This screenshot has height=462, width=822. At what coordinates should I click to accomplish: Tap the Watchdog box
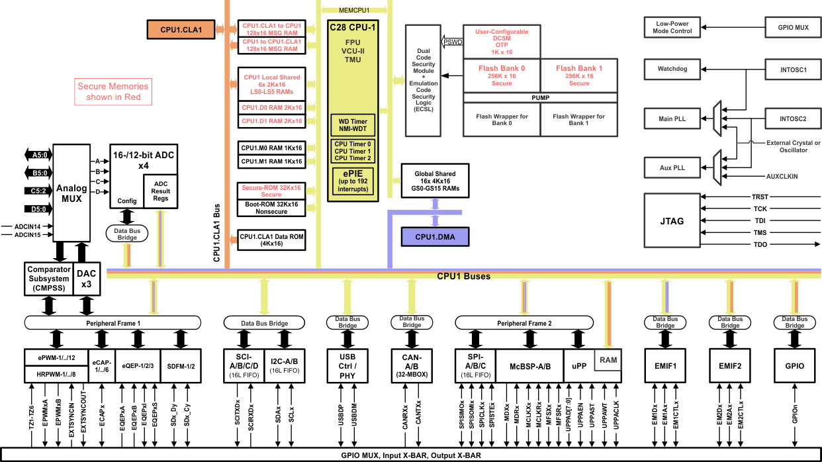click(672, 69)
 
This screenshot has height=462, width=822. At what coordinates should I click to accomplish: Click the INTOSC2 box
click(793, 119)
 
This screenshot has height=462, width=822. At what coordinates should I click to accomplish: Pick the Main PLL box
click(672, 119)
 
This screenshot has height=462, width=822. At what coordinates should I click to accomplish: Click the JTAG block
click(672, 221)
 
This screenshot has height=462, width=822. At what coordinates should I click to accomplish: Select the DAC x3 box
click(87, 278)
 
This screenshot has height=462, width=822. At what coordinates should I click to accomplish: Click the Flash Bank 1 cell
click(579, 75)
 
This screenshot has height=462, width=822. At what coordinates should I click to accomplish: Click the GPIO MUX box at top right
click(793, 28)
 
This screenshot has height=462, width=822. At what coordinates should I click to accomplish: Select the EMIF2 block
click(730, 365)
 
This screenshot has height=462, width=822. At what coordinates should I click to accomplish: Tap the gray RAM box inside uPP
click(608, 360)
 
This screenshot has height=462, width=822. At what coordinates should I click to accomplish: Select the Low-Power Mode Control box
click(672, 27)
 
